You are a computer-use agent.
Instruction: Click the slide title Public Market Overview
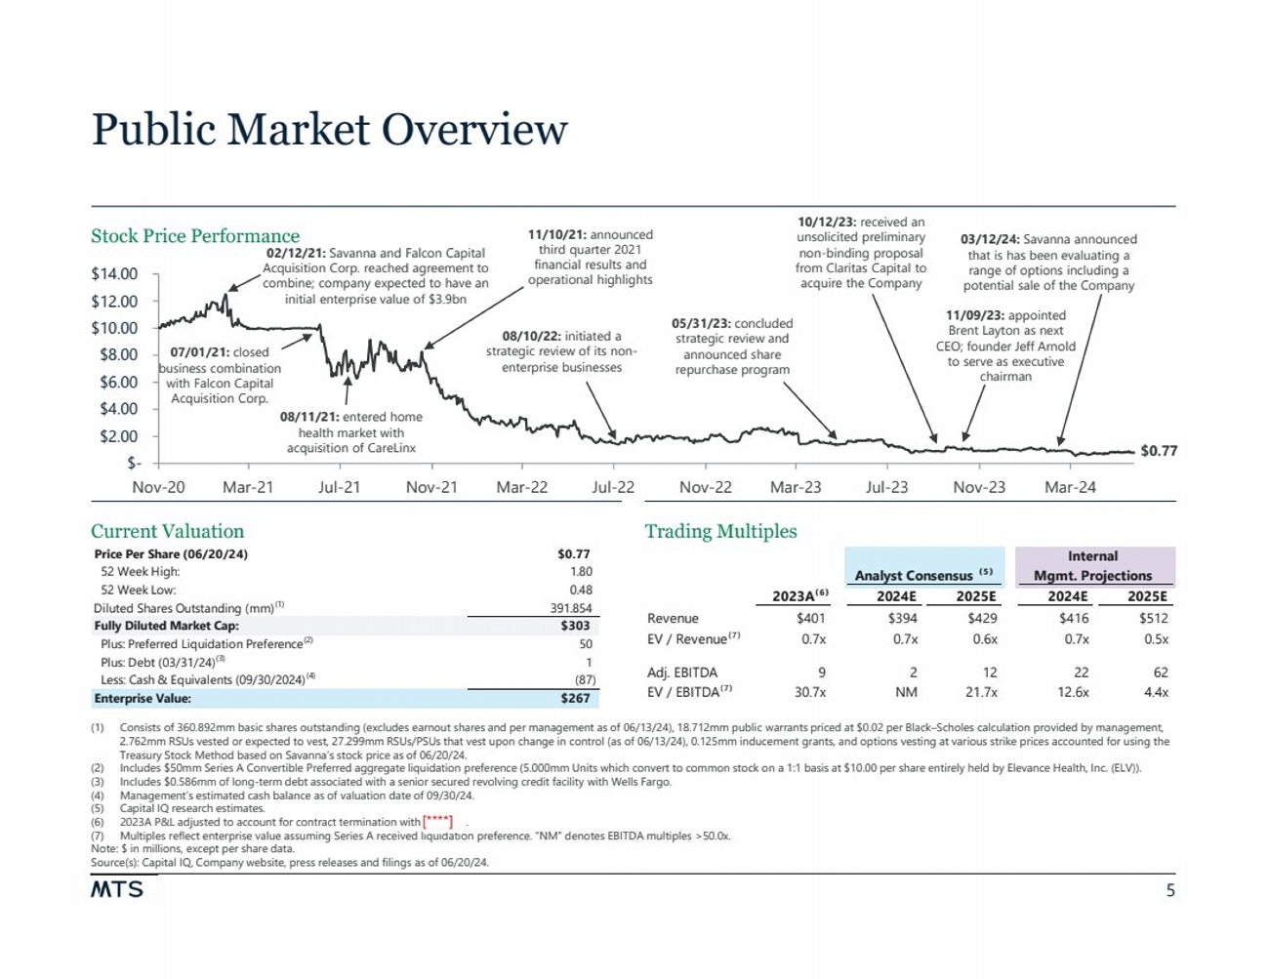329,130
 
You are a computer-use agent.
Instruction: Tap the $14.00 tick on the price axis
114,274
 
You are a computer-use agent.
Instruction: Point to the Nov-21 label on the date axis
430,487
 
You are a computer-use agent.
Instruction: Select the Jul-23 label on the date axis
886,487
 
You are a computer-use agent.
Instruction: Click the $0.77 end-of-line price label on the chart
1159,451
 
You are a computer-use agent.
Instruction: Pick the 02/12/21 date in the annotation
295,253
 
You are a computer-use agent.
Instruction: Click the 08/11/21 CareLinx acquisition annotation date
309,417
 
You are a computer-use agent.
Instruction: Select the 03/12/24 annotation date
990,239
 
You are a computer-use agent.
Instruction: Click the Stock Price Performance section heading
195,236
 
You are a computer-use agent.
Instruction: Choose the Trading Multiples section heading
720,531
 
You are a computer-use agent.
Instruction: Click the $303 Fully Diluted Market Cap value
575,626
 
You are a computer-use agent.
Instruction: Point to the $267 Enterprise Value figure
575,699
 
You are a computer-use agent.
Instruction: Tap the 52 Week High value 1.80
581,572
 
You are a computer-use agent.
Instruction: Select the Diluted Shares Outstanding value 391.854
571,608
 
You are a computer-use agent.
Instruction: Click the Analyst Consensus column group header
922,576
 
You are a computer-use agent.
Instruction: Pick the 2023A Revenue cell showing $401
810,618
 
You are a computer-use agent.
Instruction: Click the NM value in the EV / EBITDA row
906,692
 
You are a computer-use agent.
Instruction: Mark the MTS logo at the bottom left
117,889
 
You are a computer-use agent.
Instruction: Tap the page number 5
1170,890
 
